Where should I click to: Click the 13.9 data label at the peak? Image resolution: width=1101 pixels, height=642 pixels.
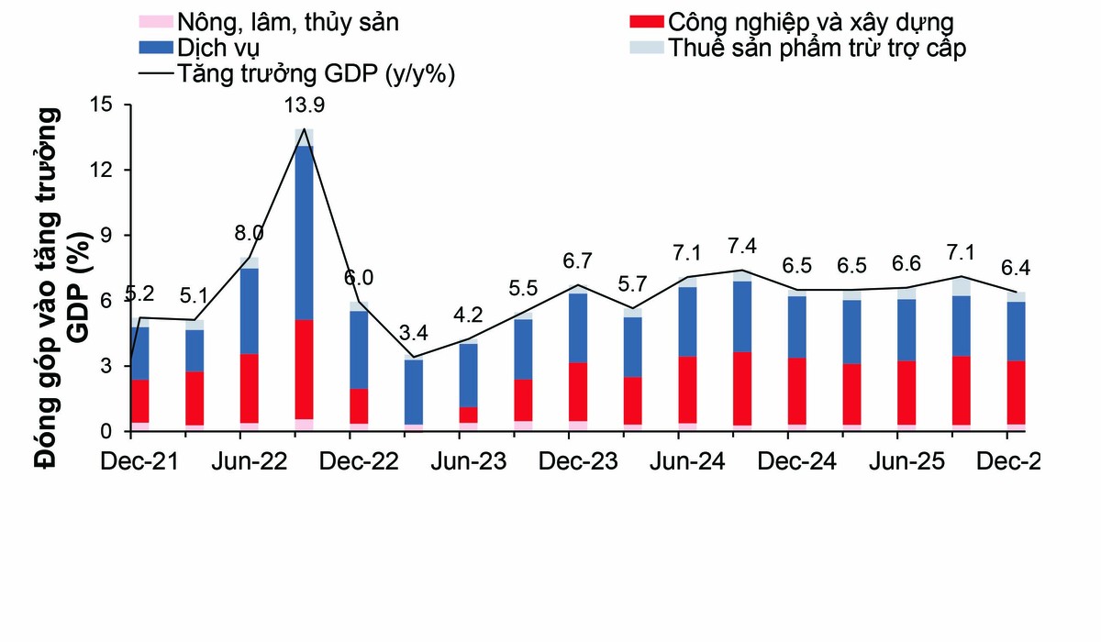(x=305, y=105)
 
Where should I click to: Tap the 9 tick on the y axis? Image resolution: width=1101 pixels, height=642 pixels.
(x=106, y=236)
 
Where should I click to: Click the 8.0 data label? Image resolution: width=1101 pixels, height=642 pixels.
(x=250, y=232)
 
